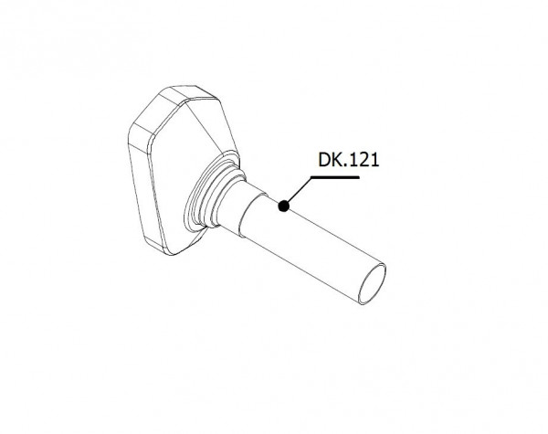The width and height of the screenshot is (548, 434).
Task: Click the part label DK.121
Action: [349, 160]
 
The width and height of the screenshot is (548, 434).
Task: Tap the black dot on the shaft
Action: [284, 206]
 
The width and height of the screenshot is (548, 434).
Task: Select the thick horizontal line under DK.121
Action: [335, 177]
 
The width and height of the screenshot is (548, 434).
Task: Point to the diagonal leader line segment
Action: [298, 191]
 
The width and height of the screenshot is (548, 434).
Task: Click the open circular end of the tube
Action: [373, 284]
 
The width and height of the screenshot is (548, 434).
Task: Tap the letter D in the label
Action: [324, 160]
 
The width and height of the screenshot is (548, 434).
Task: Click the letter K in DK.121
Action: [336, 160]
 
